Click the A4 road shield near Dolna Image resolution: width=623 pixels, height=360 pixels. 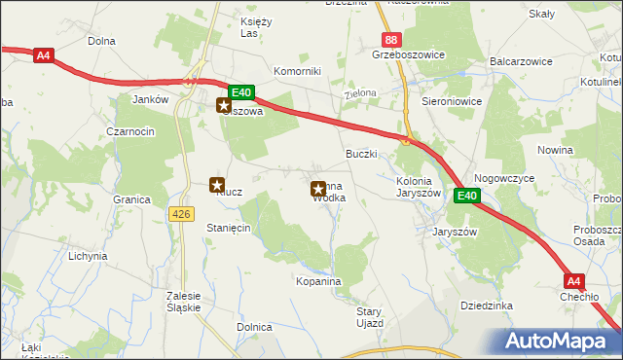click(x=43, y=55)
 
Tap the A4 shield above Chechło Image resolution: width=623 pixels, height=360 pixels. click(x=573, y=282)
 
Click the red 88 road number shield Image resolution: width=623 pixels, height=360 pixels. click(x=390, y=40)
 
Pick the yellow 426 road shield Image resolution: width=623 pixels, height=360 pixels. click(x=182, y=213)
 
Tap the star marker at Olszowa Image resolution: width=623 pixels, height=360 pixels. click(x=224, y=106)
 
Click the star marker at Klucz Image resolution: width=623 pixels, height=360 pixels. click(x=217, y=184)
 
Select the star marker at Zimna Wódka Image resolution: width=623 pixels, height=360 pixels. click(x=317, y=190)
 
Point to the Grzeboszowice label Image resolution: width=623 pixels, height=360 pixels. click(x=408, y=55)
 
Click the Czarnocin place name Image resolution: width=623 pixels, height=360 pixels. click(x=131, y=131)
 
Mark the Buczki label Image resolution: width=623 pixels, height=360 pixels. click(x=361, y=154)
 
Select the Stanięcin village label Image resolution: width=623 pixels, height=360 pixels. click(x=229, y=227)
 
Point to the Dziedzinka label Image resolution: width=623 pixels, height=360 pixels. click(x=487, y=306)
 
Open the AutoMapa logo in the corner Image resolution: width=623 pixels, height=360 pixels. click(x=560, y=341)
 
